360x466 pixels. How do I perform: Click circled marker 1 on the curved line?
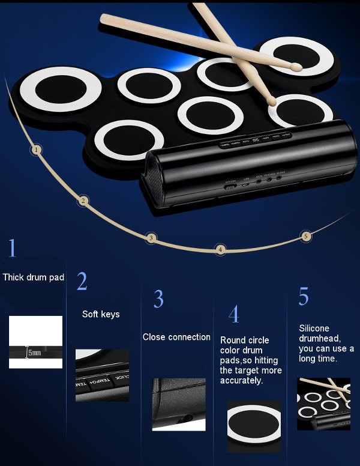(37, 150)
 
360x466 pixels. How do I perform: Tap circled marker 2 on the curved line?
(83, 201)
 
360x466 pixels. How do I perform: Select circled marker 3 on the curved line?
(151, 238)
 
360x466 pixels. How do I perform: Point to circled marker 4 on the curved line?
(221, 249)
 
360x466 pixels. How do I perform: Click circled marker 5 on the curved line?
(306, 236)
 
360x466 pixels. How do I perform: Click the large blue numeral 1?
(13, 248)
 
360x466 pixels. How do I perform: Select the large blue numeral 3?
(158, 298)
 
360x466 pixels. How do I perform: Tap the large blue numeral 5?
(304, 297)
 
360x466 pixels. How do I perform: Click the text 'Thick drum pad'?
(34, 277)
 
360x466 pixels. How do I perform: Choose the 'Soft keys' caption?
(101, 314)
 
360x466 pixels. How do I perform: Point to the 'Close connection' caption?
(176, 337)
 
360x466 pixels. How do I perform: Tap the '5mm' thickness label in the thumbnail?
(35, 353)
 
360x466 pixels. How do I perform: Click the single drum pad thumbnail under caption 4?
(254, 426)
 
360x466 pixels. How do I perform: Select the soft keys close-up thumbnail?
(102, 375)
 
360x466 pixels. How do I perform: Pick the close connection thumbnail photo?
(174, 404)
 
